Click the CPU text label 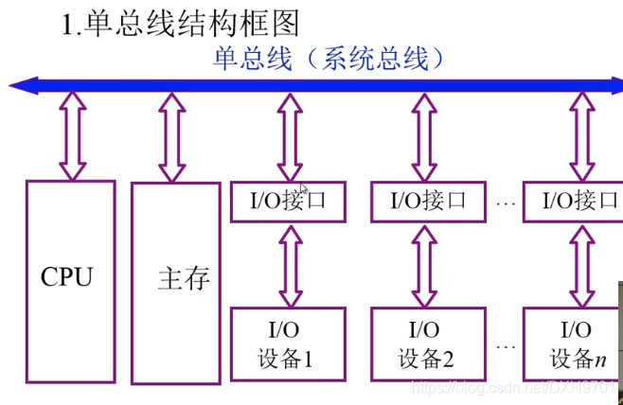pos(67,277)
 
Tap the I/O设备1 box pos(288,344)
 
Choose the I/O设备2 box pos(426,344)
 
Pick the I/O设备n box pos(575,344)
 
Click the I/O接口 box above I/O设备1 pos(288,202)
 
